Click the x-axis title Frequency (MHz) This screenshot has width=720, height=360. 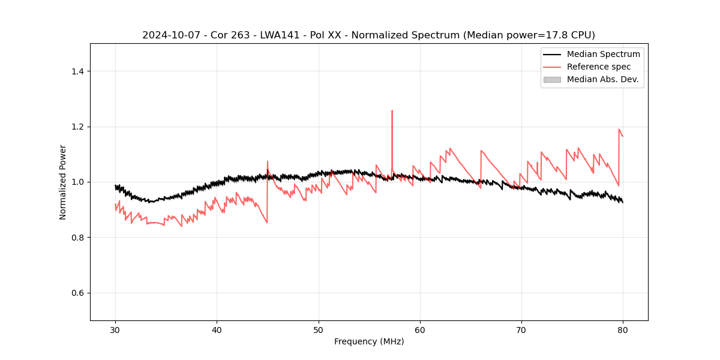click(369, 341)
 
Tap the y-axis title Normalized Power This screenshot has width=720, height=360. click(63, 182)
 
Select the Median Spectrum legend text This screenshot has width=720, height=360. click(603, 54)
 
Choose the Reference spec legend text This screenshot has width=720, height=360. click(599, 67)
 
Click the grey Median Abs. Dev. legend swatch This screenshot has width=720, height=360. click(552, 79)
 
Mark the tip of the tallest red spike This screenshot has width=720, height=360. click(392, 110)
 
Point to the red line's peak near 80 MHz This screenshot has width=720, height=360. click(619, 129)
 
